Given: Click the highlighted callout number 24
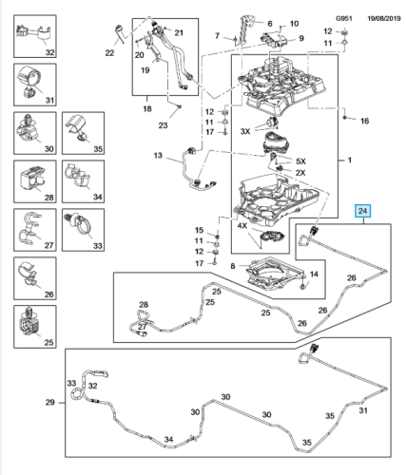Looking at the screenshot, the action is click(362, 211).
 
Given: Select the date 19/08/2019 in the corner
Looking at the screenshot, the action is click(384, 18).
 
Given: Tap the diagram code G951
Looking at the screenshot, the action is click(344, 18).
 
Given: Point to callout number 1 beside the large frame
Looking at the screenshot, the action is click(349, 161).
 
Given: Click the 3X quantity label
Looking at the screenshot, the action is click(245, 131).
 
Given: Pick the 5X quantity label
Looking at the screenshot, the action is click(300, 161).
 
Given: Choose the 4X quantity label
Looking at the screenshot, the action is click(242, 226).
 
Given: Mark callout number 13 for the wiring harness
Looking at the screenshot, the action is click(158, 156).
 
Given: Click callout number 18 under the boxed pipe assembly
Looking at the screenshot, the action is click(147, 109).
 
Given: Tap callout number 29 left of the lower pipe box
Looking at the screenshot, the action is click(49, 403).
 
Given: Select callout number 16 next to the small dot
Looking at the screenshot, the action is click(364, 121).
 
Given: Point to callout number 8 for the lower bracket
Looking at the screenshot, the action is click(233, 266).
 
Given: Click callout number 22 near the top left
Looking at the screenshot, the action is click(109, 53).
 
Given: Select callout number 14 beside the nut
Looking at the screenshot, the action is click(314, 275).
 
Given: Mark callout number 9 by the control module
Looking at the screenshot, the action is click(301, 38).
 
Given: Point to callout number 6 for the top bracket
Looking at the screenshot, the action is click(270, 24).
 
